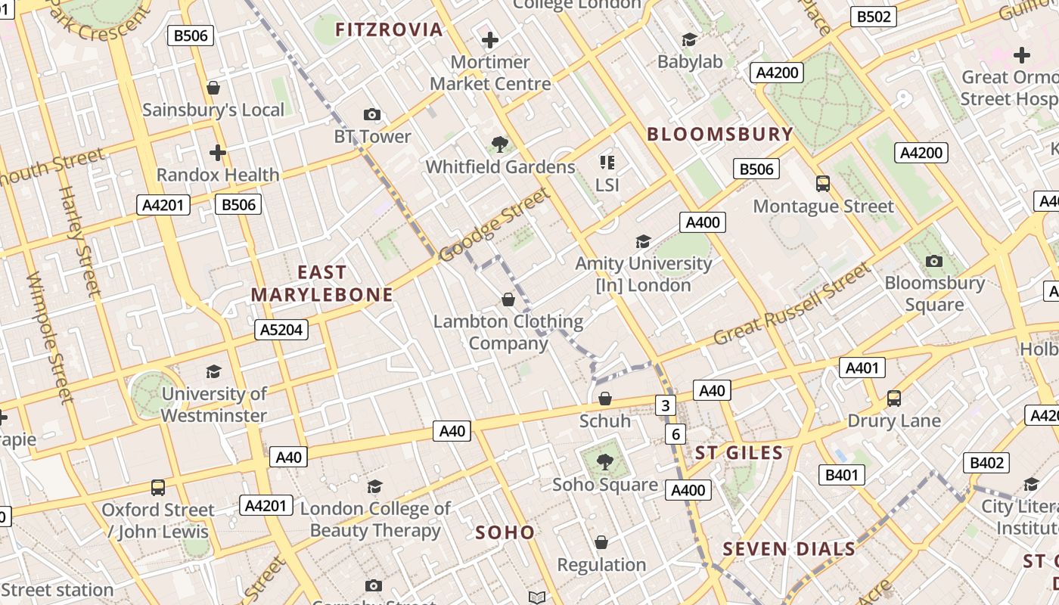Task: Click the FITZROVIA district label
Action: (x=389, y=29)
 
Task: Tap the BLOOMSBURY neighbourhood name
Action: (x=720, y=135)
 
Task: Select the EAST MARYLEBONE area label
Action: (x=322, y=284)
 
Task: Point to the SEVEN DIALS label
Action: (x=789, y=549)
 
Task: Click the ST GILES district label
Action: (x=739, y=453)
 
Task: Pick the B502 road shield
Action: (x=873, y=17)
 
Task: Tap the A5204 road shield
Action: (x=281, y=329)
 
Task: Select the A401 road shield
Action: (x=862, y=368)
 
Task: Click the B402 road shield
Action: (x=987, y=463)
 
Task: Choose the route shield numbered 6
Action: (x=675, y=434)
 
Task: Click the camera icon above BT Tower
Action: (x=372, y=115)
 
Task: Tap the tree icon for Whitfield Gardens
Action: (x=499, y=144)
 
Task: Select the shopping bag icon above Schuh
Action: (x=605, y=399)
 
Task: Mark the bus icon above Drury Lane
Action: (x=894, y=398)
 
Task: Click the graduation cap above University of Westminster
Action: (x=213, y=371)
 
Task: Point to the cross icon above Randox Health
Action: (x=218, y=153)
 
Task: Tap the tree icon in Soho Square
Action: (x=604, y=461)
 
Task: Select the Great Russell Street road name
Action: (x=792, y=304)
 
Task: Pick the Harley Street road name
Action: (x=79, y=241)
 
